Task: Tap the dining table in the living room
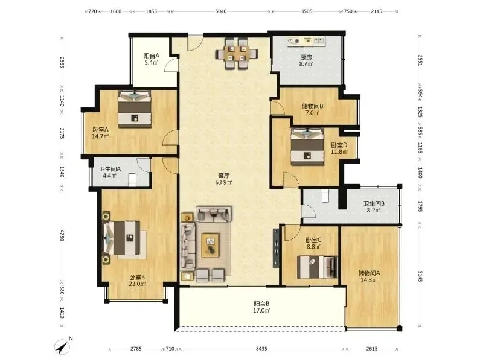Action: (237, 54)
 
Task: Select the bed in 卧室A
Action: (135, 109)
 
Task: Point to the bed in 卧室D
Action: (307, 146)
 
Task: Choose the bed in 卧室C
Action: (318, 267)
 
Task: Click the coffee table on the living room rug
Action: (210, 245)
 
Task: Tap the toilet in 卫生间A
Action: (132, 180)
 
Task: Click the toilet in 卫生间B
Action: (325, 195)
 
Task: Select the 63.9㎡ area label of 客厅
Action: (223, 182)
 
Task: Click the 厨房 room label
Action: (306, 57)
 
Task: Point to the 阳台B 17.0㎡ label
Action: (261, 307)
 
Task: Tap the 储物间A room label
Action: (369, 273)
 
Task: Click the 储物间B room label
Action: (312, 106)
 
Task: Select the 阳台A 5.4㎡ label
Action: (152, 59)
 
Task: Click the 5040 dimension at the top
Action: (221, 11)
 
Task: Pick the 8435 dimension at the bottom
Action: (261, 349)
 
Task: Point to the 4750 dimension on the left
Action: (62, 235)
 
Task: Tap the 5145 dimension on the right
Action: (420, 276)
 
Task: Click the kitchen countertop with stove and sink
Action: (306, 41)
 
